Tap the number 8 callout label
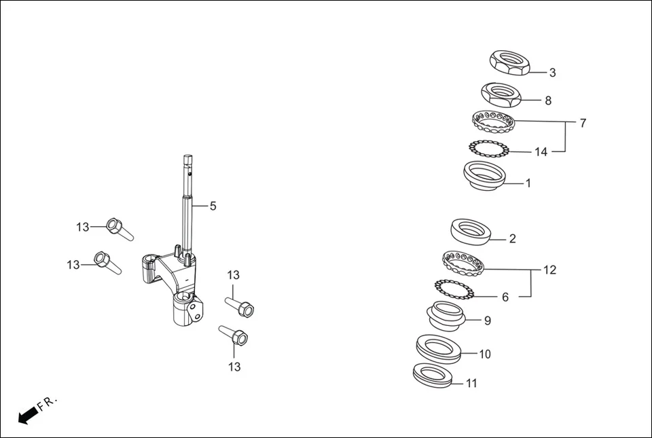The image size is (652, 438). [x=548, y=101]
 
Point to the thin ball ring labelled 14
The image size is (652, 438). [x=488, y=148]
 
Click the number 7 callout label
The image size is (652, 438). [x=583, y=123]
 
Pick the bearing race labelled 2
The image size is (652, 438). [x=471, y=232]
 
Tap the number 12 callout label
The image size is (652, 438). [x=549, y=270]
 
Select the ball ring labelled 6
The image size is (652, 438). [x=454, y=289]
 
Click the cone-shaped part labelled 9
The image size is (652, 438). [x=446, y=316]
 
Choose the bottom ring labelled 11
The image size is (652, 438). [x=433, y=375]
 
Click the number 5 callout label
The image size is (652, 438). [x=213, y=206]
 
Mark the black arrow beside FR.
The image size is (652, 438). [x=26, y=416]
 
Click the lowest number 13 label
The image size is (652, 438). [x=234, y=367]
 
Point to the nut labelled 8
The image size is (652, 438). [x=501, y=95]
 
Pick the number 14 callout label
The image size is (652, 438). [x=541, y=151]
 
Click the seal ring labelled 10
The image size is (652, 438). [x=438, y=349]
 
